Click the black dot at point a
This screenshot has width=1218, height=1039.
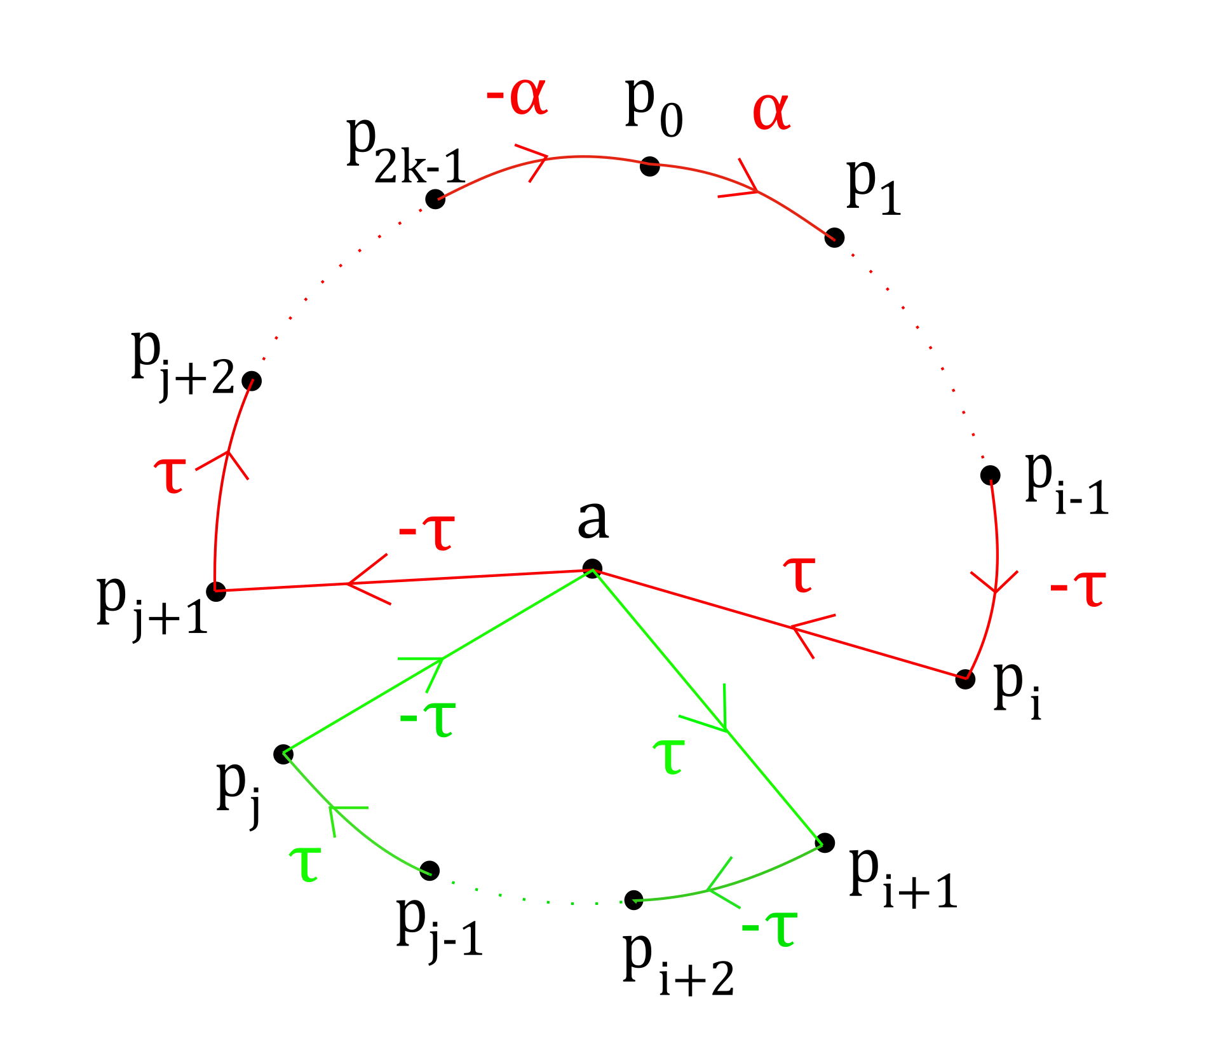pos(592,568)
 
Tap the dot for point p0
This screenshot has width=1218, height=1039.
pos(649,166)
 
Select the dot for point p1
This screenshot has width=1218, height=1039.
pos(834,238)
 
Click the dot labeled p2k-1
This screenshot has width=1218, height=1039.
pos(435,199)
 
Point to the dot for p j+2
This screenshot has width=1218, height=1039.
pos(252,381)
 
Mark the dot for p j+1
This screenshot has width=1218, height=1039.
pos(216,591)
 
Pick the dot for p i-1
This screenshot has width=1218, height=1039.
pos(990,475)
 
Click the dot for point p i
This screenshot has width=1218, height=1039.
pos(965,679)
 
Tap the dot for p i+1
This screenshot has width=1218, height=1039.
pos(825,843)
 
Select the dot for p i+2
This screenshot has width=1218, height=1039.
pos(633,900)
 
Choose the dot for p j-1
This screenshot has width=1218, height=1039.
pos(430,870)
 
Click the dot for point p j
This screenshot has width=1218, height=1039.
pos(283,754)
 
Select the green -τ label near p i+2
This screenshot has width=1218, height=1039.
pos(769,928)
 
